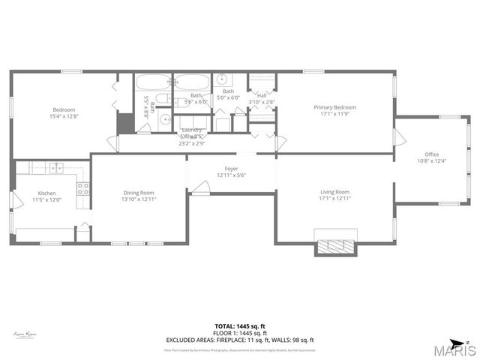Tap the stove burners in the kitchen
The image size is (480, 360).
tap(82, 189)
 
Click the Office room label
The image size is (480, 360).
tap(431, 155)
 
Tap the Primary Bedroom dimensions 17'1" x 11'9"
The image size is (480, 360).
tap(334, 114)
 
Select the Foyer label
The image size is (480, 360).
tap(231, 169)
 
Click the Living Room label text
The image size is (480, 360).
tap(334, 192)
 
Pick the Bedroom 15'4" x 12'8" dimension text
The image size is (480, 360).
tap(64, 115)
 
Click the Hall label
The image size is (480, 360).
tap(262, 95)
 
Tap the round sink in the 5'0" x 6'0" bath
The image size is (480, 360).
tap(222, 79)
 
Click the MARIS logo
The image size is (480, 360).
tap(452, 349)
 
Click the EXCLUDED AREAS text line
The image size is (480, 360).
tap(239, 340)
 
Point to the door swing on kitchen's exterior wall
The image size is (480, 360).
tap(16, 200)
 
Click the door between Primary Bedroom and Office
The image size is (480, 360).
tap(400, 137)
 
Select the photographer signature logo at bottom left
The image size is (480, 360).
tap(26, 334)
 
